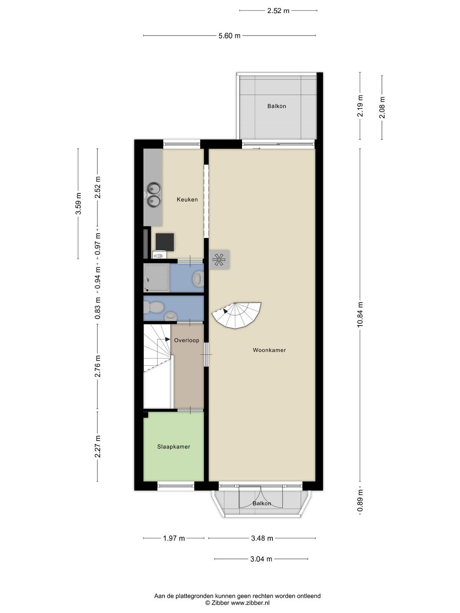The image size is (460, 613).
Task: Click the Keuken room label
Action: point(187,199)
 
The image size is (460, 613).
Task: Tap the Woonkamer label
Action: point(269,350)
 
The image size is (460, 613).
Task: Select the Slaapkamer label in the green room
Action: point(173,447)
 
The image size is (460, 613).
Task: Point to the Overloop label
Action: point(187,341)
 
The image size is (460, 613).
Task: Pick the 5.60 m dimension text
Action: point(229,36)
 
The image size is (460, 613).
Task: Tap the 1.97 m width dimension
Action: point(174,538)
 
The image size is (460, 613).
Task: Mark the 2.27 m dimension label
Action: point(97,446)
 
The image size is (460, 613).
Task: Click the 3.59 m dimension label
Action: point(78,203)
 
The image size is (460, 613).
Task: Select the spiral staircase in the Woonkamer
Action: point(236,316)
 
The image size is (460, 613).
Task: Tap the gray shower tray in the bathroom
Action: point(156,278)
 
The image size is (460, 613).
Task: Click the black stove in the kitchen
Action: point(165,242)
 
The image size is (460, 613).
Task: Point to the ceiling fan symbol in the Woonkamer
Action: point(219,260)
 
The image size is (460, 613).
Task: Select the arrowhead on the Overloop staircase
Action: point(168,339)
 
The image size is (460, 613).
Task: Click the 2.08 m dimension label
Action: point(382,108)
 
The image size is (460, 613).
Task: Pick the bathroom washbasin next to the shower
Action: point(198,278)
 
